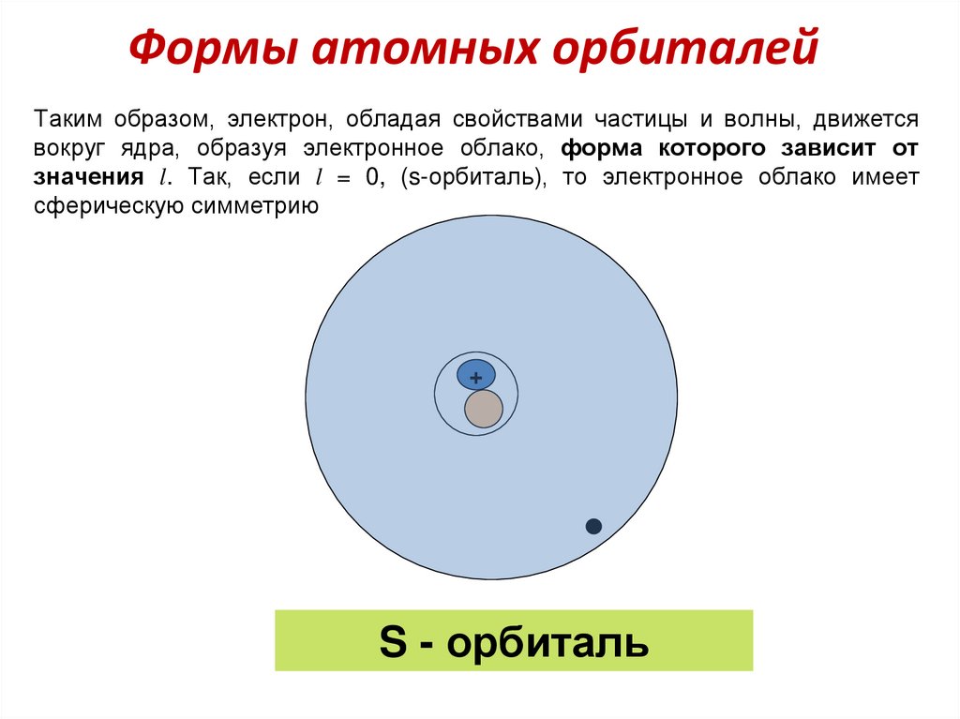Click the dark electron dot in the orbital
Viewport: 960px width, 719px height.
593,526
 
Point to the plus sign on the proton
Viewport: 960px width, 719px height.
475,378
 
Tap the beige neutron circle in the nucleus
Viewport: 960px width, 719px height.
484,410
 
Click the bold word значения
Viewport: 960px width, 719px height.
89,177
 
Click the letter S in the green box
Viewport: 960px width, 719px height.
391,643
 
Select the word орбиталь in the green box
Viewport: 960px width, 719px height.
548,643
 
